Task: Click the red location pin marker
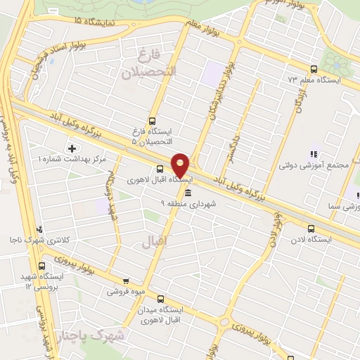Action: coord(181,165)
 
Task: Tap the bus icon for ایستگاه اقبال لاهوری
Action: coord(160,169)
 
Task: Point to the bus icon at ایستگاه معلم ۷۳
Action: coord(314,70)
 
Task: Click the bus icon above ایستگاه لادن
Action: coord(311,227)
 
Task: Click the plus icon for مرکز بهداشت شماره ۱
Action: coord(72,148)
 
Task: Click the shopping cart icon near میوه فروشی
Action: coord(126,281)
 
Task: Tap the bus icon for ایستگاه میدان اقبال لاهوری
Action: coord(160,299)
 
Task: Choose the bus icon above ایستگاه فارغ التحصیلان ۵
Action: coord(153,120)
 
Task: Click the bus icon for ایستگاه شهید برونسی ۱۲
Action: coord(41,266)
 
